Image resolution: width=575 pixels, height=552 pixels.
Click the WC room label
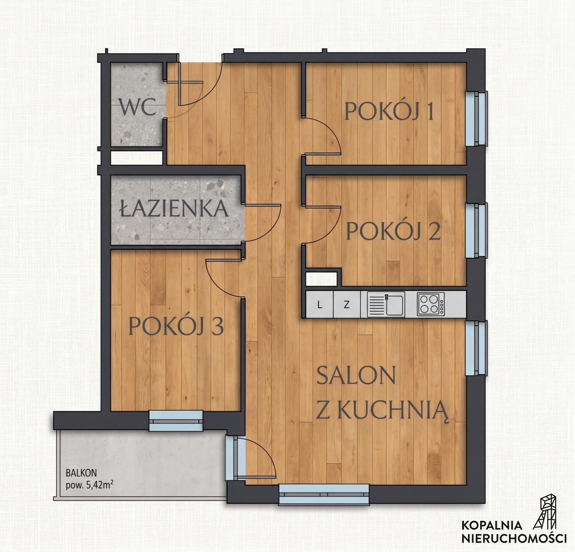coord(138,107)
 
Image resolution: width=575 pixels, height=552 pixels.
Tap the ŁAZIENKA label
coord(174,208)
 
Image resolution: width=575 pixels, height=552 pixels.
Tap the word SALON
coord(356,375)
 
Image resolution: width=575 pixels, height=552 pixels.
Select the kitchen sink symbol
coord(386,304)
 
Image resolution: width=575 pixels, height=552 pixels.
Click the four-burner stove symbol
coord(431,304)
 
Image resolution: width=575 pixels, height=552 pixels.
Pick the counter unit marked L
coord(319,304)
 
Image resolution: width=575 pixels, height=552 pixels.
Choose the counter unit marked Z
coord(346,304)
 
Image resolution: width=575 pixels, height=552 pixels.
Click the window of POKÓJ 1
coord(476,119)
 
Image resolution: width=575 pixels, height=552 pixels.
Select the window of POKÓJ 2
coord(476,230)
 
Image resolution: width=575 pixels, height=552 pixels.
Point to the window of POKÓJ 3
coord(176,421)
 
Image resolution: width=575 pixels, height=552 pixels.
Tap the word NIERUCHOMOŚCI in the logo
coord(514,538)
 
